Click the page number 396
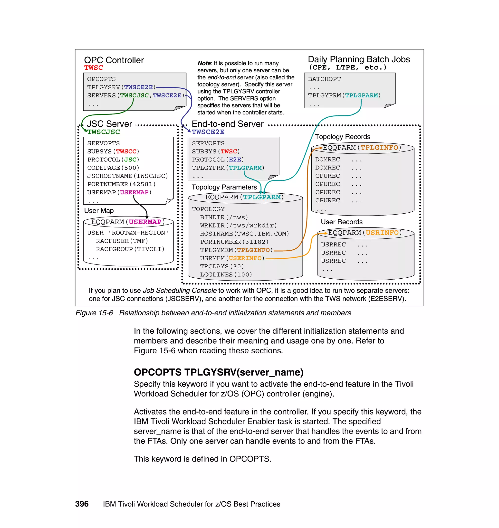82,504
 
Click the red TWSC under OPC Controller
93,68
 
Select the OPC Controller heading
114,60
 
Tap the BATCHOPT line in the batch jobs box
324,79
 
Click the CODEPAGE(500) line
113,168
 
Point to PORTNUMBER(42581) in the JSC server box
121,184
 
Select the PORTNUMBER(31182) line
234,242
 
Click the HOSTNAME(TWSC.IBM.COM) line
244,233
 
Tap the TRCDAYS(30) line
222,266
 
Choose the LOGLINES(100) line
226,274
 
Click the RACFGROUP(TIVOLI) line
130,249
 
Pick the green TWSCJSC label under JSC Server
104,132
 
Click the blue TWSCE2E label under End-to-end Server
208,132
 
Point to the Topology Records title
342,137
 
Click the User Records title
342,222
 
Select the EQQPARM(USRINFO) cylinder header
365,233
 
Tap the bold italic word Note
204,63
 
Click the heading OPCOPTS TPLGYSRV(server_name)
218,372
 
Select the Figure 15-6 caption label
94,313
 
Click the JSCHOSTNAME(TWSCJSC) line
127,176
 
